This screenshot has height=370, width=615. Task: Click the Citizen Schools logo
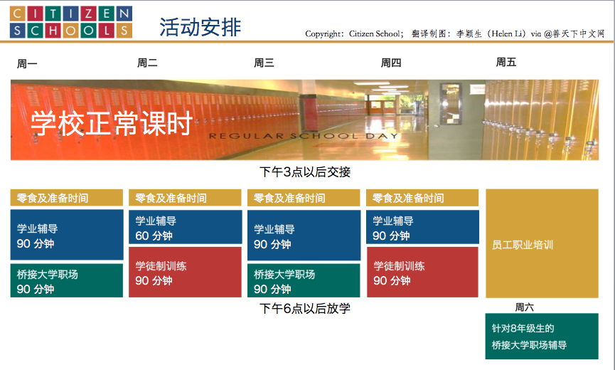click(71, 22)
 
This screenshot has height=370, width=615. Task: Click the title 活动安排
click(200, 27)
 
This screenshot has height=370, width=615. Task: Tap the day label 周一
click(27, 63)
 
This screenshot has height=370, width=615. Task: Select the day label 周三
click(264, 63)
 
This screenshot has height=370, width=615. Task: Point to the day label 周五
click(506, 62)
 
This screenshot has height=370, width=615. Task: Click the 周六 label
click(525, 307)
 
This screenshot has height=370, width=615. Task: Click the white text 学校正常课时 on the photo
click(112, 123)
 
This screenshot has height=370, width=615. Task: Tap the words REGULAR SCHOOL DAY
click(304, 136)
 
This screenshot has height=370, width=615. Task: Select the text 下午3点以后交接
click(305, 172)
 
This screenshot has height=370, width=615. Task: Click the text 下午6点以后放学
click(305, 308)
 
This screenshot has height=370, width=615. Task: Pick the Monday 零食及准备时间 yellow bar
click(67, 198)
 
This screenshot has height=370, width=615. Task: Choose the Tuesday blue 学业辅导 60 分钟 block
click(185, 227)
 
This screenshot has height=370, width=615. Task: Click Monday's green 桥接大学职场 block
click(67, 280)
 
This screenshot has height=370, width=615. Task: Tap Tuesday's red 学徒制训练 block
click(185, 272)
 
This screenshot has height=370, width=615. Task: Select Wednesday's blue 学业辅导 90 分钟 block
click(304, 235)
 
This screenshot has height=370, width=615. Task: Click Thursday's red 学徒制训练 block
click(422, 272)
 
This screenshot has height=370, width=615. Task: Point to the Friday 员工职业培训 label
click(523, 245)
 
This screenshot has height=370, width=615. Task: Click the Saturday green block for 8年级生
click(542, 337)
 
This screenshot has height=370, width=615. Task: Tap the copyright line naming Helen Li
click(455, 33)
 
